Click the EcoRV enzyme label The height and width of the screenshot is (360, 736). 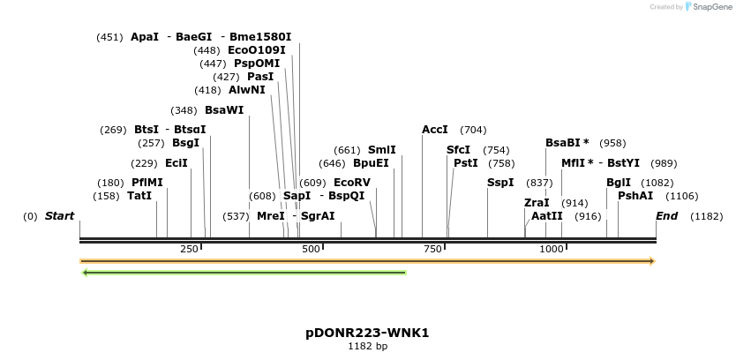(x=352, y=183)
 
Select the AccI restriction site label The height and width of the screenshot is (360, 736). (x=435, y=130)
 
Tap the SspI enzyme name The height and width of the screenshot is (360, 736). (x=500, y=183)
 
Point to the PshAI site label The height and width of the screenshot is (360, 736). (x=635, y=196)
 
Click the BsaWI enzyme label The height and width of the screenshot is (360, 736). (x=224, y=110)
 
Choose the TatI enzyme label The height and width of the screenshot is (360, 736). (x=139, y=196)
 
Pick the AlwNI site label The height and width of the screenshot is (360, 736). (x=247, y=90)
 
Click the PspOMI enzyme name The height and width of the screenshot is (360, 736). (x=257, y=64)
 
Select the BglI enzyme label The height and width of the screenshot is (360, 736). (x=619, y=183)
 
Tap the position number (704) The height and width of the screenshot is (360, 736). (x=473, y=130)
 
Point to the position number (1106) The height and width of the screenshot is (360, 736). (x=681, y=196)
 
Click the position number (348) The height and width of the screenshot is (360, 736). (x=184, y=110)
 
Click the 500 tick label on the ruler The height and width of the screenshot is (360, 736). (x=311, y=250)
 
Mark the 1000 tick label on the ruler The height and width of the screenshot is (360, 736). (x=552, y=250)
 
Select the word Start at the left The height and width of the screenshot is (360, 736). (x=60, y=216)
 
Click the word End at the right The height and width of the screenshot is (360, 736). (x=667, y=216)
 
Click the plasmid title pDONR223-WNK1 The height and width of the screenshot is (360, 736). (x=367, y=334)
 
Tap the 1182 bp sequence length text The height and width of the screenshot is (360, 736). (x=367, y=347)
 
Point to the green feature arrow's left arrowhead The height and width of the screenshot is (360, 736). (x=85, y=273)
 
